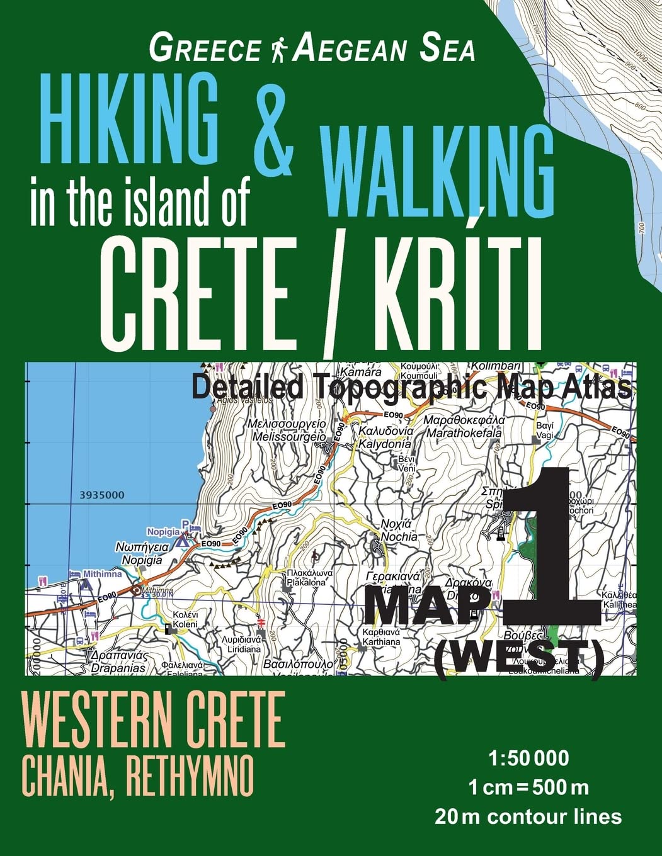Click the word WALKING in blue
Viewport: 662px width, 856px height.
pos(440,166)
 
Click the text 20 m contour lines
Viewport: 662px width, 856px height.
pos(528,816)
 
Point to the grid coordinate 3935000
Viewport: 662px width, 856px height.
pos(102,495)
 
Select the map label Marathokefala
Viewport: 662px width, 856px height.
pos(464,433)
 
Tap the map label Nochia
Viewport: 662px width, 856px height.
pos(399,537)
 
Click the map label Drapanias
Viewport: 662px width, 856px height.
pos(118,668)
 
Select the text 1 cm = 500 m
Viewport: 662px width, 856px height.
pos(528,787)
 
